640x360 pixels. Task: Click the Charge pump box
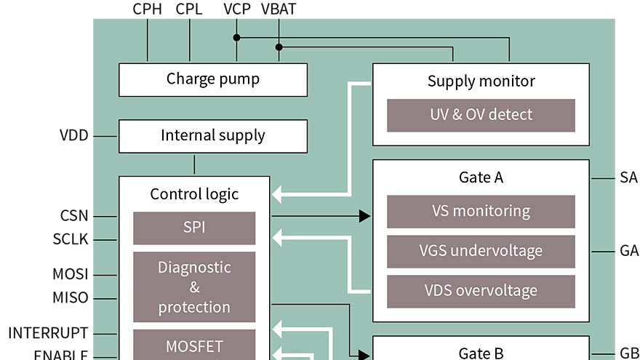click(212, 79)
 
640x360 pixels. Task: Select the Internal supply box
click(212, 136)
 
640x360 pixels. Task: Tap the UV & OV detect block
click(481, 115)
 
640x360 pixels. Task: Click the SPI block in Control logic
click(194, 228)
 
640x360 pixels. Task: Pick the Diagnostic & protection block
click(194, 287)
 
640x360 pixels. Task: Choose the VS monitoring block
click(481, 212)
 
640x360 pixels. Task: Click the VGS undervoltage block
click(481, 252)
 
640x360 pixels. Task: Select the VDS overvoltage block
click(481, 291)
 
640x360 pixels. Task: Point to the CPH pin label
click(147, 9)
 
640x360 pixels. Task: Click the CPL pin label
click(189, 9)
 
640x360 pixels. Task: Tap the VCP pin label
click(236, 9)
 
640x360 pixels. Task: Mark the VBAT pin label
click(279, 9)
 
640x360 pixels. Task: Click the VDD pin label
click(74, 135)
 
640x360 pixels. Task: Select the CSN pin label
click(74, 216)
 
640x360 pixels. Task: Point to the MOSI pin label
click(71, 275)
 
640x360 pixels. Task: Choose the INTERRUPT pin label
click(48, 334)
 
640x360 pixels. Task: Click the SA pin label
click(628, 178)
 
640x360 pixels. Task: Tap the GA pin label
click(629, 252)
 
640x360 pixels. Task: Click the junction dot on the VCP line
click(236, 36)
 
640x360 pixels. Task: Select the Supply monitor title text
click(481, 81)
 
